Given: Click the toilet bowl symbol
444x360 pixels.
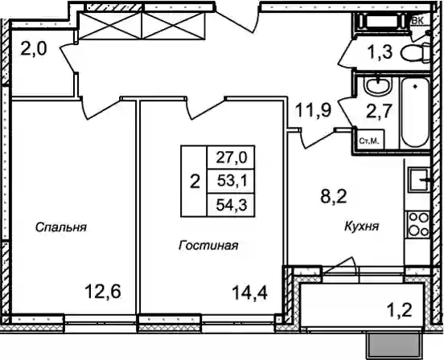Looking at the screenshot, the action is [416, 52].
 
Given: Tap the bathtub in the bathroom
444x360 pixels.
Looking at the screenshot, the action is [415, 112].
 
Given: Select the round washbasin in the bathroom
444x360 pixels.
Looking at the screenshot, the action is [378, 85].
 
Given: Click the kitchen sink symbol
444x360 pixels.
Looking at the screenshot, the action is [419, 180].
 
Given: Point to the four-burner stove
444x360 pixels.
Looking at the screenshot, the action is [418, 224].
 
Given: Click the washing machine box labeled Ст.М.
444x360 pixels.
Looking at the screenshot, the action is [369, 141].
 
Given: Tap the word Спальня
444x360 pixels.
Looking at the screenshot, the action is [61, 227].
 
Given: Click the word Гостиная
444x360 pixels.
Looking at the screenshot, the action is [208, 245].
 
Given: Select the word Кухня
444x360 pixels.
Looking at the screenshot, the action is [362, 226].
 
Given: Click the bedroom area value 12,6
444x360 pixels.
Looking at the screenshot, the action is [103, 292].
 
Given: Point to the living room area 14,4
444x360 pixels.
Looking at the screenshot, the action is [249, 292].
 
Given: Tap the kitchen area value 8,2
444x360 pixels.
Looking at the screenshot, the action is [334, 196].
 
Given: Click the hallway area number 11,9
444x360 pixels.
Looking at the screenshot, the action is [313, 110].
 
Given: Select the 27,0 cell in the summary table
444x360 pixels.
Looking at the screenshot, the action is [232, 157].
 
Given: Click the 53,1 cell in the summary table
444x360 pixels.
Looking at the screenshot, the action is [232, 181].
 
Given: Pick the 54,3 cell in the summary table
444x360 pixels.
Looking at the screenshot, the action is [232, 205].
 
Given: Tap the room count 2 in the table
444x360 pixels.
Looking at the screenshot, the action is [195, 182].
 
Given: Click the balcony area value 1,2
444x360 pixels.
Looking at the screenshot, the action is [399, 310].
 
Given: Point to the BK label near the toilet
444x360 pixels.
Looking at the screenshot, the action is [417, 20].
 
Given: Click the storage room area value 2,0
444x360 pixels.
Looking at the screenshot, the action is [34, 49].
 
